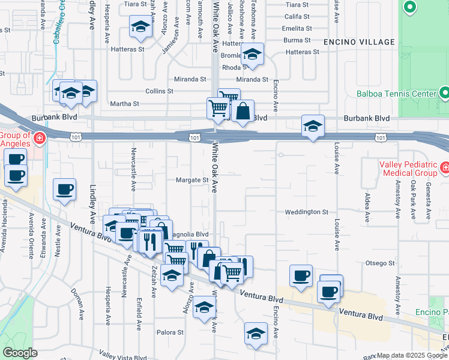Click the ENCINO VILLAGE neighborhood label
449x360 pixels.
click(359, 42)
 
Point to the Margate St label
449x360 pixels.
click(191, 180)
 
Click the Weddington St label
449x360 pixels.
click(306, 212)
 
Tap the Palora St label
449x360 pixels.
click(170, 332)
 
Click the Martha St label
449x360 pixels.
click(124, 104)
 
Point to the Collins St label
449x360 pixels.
click(159, 91)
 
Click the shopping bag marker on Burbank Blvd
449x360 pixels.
click(243, 111)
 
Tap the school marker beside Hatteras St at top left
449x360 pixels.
click(140, 26)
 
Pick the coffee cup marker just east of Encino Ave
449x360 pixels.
click(301, 275)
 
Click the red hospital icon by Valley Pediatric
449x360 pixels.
click(445, 166)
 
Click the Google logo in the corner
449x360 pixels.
click(20, 353)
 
